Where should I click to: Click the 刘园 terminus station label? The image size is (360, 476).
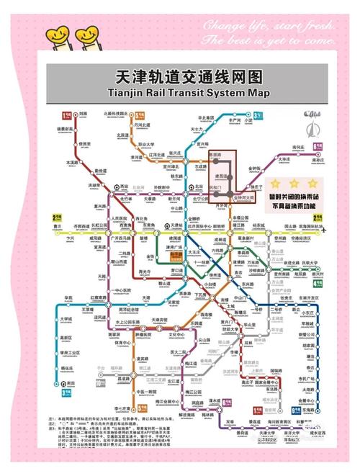83,114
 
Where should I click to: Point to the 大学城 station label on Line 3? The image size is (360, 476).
66,318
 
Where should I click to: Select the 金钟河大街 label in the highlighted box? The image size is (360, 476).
245,195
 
